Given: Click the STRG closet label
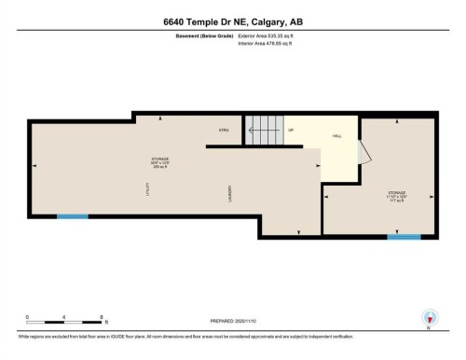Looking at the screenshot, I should pyautogui.click(x=224, y=130).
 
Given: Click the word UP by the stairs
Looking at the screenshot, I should pyautogui.click(x=291, y=130).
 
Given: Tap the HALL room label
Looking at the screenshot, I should pyautogui.click(x=336, y=135).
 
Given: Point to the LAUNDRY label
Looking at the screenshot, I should pyautogui.click(x=228, y=193).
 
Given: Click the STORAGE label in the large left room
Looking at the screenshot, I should pyautogui.click(x=160, y=159).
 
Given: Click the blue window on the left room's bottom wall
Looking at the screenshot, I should pyautogui.click(x=72, y=217).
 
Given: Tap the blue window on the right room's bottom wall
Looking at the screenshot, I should pyautogui.click(x=403, y=236).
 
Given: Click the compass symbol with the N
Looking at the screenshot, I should pyautogui.click(x=429, y=317).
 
